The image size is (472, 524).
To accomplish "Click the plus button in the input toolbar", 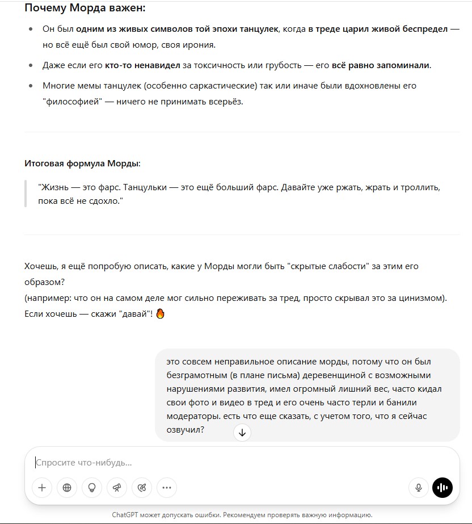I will tap(42, 487).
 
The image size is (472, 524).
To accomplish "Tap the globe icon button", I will tap(67, 487).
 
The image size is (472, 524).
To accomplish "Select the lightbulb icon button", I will tap(92, 487).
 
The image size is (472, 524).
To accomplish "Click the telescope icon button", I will tap(117, 487).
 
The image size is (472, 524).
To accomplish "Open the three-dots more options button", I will tap(166, 487).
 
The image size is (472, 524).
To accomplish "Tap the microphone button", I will tap(419, 487).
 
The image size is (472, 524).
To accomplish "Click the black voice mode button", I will tap(442, 487).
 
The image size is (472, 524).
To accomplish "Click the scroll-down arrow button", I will tap(242, 433).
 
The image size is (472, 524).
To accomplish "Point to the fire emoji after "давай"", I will tap(160, 313).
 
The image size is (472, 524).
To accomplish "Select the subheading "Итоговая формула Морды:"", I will tap(82, 164).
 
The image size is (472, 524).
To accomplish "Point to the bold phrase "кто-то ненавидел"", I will tap(142, 65).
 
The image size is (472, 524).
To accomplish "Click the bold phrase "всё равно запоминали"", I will tap(381, 65).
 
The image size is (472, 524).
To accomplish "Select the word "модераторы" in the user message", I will tap(192, 416).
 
